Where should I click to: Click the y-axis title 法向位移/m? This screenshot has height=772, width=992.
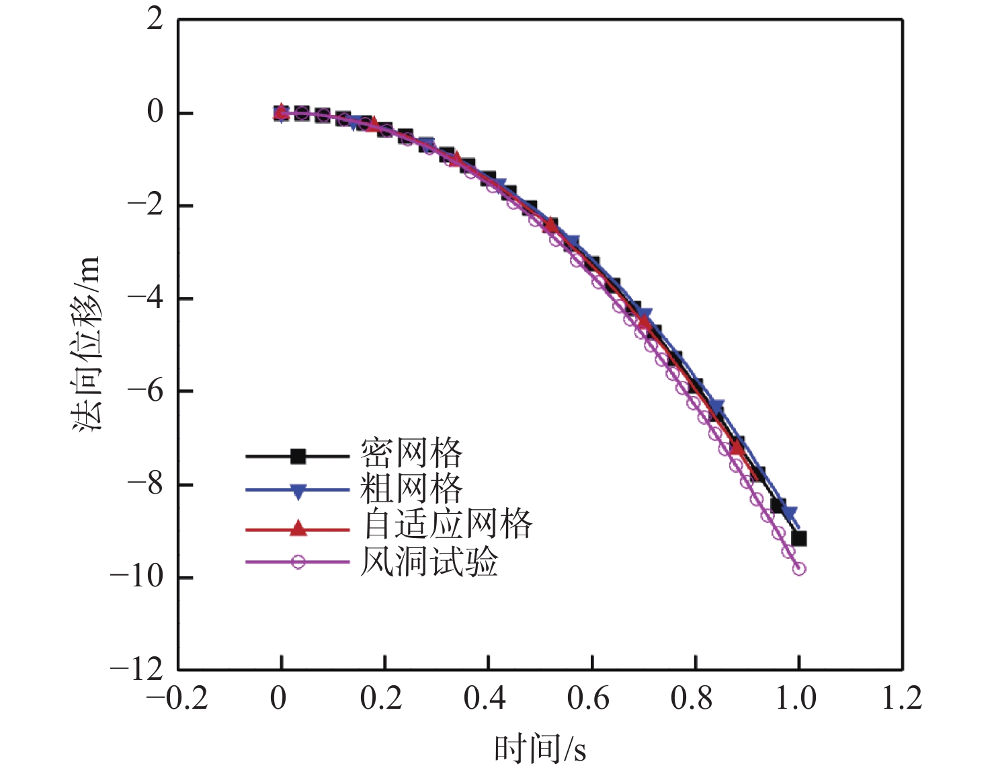pyautogui.click(x=87, y=343)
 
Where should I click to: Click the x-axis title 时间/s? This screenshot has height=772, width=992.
pyautogui.click(x=540, y=748)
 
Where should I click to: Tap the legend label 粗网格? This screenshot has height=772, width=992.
pyautogui.click(x=411, y=489)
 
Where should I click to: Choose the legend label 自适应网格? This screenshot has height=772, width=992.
pyautogui.click(x=448, y=525)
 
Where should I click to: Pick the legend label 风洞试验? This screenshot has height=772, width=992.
pyautogui.click(x=429, y=561)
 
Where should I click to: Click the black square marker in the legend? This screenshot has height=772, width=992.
pyautogui.click(x=298, y=457)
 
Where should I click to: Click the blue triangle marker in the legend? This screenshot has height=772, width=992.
pyautogui.click(x=298, y=492)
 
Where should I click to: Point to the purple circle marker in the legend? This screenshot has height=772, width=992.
pyautogui.click(x=298, y=562)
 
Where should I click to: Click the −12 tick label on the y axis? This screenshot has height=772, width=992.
pyautogui.click(x=137, y=670)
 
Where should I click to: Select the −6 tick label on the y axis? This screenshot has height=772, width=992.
pyautogui.click(x=146, y=391)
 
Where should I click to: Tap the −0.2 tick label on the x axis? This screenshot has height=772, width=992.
pyautogui.click(x=177, y=699)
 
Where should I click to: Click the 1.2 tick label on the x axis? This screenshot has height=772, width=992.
pyautogui.click(x=902, y=699)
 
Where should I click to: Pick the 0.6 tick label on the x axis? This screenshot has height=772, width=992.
pyautogui.click(x=591, y=699)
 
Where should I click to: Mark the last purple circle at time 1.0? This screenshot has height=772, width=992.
pyautogui.click(x=799, y=569)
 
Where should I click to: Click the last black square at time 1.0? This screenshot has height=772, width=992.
pyautogui.click(x=799, y=539)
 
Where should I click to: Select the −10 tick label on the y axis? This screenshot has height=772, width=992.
pyautogui.click(x=137, y=577)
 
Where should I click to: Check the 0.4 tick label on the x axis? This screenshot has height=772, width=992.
pyautogui.click(x=488, y=699)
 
